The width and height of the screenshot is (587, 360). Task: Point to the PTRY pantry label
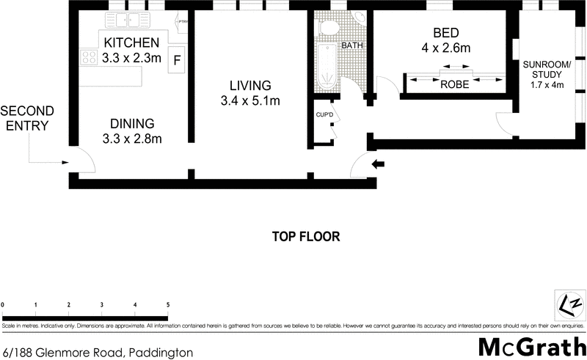click(x=183, y=22)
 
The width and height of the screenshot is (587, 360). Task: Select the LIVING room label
click(x=249, y=85)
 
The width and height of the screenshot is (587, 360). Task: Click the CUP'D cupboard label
click(x=325, y=115)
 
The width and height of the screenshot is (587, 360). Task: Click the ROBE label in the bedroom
click(x=455, y=84)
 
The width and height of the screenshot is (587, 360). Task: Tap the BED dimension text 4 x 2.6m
click(x=446, y=49)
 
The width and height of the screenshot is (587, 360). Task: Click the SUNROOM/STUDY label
click(x=542, y=74)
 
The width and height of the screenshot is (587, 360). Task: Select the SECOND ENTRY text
click(x=27, y=118)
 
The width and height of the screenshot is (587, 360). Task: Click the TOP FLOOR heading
click(x=306, y=237)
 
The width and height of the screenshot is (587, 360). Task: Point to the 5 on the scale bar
click(x=168, y=304)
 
